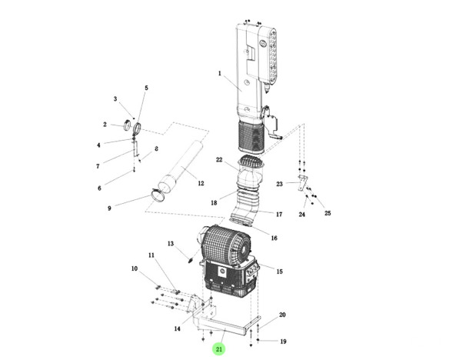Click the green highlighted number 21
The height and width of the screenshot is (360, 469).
(219, 349)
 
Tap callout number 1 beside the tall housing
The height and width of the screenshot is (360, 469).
(220, 73)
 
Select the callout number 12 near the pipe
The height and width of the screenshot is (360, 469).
(201, 183)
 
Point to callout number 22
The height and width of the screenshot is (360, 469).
(219, 160)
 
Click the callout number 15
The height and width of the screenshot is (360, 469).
(279, 272)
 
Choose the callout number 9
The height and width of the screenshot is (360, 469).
(109, 208)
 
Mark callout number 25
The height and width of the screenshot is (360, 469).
(328, 213)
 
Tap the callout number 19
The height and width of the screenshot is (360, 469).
(283, 342)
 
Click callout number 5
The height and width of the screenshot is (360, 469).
(146, 88)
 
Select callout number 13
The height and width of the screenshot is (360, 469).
(171, 244)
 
